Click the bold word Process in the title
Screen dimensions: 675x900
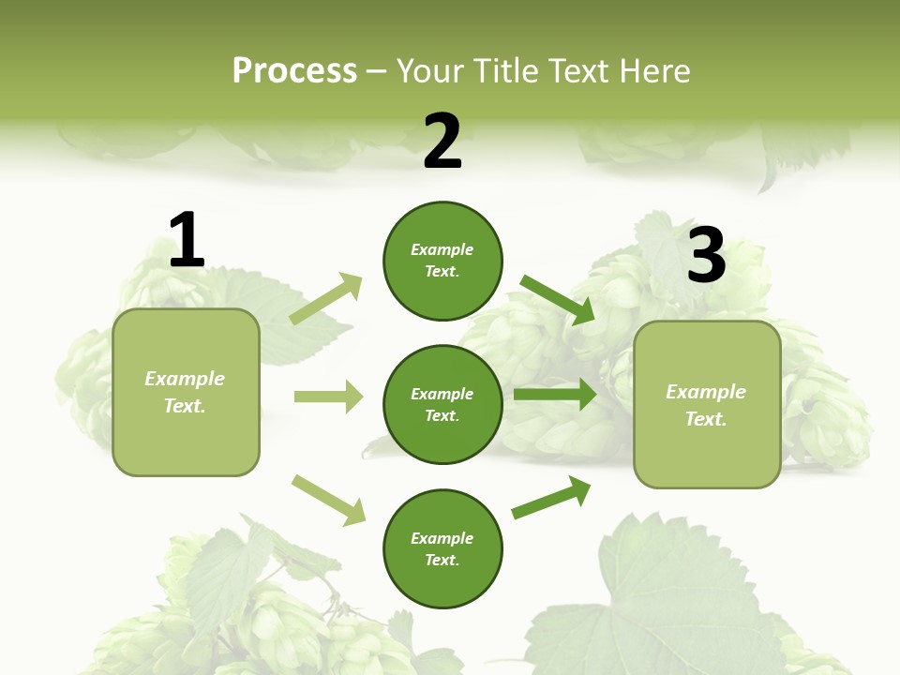point(294,70)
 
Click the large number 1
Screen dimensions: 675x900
point(187,240)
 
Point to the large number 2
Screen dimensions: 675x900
point(442,142)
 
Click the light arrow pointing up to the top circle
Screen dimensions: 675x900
point(326,299)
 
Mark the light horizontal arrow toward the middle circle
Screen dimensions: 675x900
point(328,397)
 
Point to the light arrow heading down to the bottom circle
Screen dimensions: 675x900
point(328,500)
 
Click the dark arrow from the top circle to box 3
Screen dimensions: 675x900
point(558,299)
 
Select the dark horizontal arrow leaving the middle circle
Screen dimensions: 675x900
point(555,395)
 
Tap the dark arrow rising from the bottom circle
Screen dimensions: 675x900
point(551,498)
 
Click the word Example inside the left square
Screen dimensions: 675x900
point(185,379)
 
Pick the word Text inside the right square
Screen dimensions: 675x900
point(705,419)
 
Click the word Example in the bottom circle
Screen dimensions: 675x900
point(442,538)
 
